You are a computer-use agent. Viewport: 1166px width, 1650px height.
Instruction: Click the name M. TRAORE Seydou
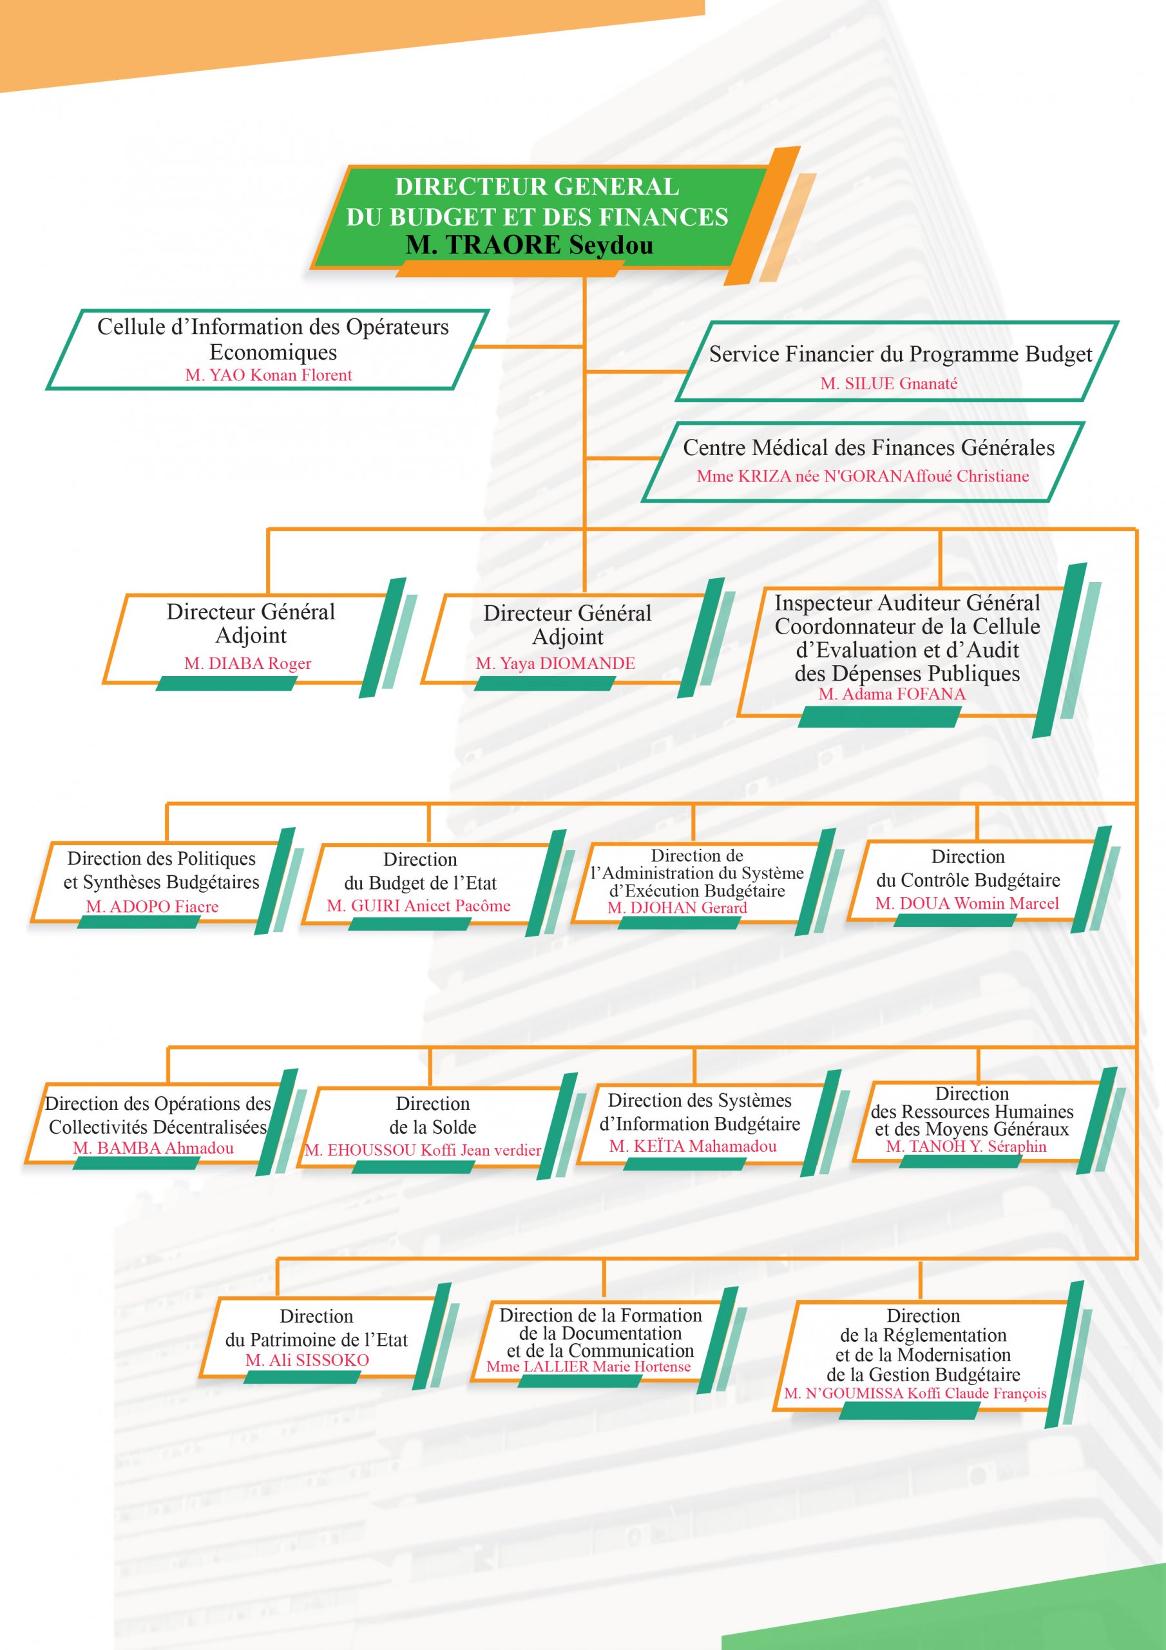point(530,245)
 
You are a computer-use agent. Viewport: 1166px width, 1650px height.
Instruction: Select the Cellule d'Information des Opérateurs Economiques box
point(267,350)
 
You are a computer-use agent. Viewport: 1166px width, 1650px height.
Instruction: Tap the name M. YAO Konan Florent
point(269,375)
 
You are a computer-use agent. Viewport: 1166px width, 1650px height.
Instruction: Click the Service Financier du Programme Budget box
point(897,361)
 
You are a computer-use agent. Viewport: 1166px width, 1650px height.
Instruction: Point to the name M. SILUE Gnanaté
point(889,383)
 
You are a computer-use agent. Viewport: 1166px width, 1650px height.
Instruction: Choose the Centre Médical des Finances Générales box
point(863,461)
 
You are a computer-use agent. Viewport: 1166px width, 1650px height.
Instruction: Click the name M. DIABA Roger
point(248,663)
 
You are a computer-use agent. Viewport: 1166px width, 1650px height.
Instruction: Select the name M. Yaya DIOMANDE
point(555,663)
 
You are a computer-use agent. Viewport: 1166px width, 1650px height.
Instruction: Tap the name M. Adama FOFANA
point(892,694)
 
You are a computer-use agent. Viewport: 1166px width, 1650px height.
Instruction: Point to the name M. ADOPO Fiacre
point(152,907)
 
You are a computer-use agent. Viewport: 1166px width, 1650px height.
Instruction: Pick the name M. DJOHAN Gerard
point(677,907)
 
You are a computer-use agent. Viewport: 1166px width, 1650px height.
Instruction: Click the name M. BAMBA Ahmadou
point(153,1149)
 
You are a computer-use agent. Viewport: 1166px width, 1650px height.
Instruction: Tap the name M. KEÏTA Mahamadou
point(693,1146)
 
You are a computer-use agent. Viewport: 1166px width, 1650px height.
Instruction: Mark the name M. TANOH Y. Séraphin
point(966,1146)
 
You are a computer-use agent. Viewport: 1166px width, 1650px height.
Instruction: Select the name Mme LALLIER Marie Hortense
point(588,1366)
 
